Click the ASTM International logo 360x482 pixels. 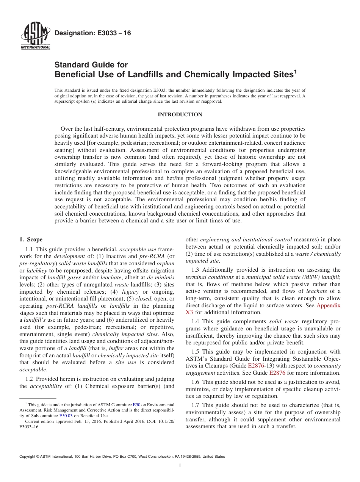pyautogui.click(x=35, y=36)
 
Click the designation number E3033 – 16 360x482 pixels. pyautogui.click(x=93, y=33)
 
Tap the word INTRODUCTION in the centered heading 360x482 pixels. pyautogui.click(x=180, y=114)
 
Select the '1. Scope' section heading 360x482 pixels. pyautogui.click(x=31, y=239)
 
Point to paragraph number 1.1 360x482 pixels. pyautogui.click(x=29, y=249)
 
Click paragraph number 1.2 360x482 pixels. pyautogui.click(x=29, y=379)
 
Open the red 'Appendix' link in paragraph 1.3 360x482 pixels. pyautogui.click(x=328, y=305)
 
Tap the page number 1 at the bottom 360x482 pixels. pyautogui.click(x=180, y=466)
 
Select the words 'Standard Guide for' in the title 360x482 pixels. pyautogui.click(x=91, y=65)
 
